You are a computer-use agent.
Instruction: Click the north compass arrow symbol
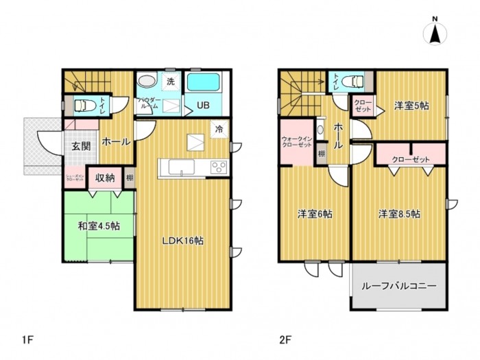pyautogui.click(x=435, y=34)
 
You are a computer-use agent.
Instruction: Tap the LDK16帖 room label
pyautogui.click(x=182, y=240)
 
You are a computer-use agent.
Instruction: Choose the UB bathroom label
pyautogui.click(x=204, y=106)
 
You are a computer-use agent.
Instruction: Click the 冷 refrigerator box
pyautogui.click(x=219, y=128)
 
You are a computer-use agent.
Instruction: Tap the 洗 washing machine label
pyautogui.click(x=171, y=82)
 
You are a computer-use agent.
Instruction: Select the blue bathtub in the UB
pyautogui.click(x=204, y=84)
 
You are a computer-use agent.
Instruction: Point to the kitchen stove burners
pyautogui.click(x=219, y=167)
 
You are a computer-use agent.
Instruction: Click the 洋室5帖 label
pyautogui.click(x=411, y=106)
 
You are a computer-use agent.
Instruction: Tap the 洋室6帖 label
pyautogui.click(x=315, y=213)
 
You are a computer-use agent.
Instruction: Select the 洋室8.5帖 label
pyautogui.click(x=399, y=213)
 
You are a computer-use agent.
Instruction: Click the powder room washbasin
pyautogui.click(x=147, y=82)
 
